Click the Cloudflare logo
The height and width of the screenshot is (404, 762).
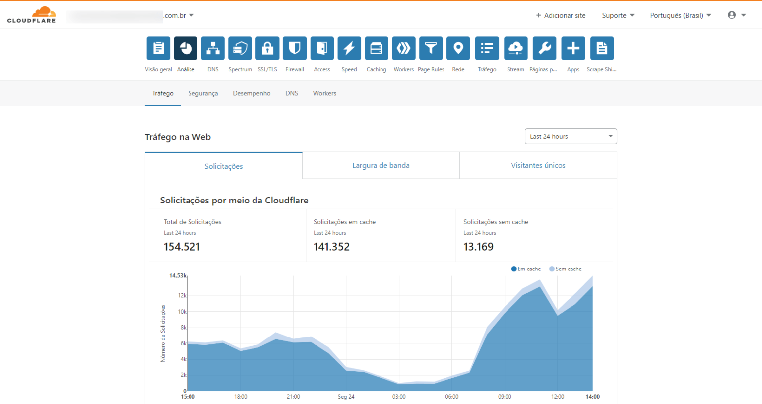tap(31, 15)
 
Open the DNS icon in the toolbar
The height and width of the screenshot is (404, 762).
tap(213, 48)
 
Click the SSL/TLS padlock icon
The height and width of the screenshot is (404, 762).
tap(267, 48)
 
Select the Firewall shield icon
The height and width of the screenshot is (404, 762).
tap(295, 48)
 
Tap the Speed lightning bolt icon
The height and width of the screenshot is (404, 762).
tap(349, 48)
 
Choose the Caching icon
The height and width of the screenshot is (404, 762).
tap(377, 48)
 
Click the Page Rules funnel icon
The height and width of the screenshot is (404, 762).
tap(431, 48)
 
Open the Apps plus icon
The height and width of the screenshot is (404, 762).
tap(573, 48)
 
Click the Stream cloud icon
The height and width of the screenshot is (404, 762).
tap(515, 48)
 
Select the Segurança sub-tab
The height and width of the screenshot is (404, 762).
tap(203, 93)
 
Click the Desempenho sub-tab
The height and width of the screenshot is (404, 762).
tap(252, 93)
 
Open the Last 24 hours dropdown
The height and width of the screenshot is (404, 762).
tap(571, 136)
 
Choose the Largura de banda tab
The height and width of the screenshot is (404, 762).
tap(381, 165)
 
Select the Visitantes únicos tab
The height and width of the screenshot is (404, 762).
tap(538, 165)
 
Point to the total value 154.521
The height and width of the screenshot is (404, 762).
tap(182, 247)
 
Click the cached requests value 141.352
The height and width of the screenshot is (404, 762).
tap(331, 247)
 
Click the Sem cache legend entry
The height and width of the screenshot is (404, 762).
tap(566, 269)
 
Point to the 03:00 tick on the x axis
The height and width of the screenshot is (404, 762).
tap(399, 397)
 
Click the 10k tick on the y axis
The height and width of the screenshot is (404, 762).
tap(182, 312)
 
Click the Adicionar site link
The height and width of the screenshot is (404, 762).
tap(561, 15)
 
